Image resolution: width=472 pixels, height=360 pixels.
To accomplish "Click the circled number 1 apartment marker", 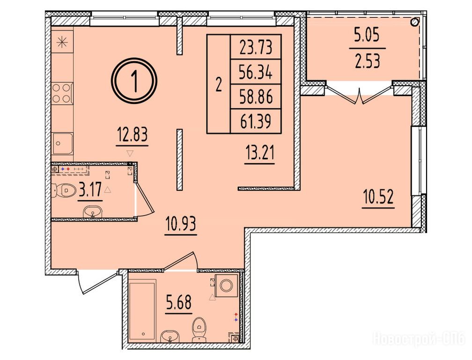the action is [134, 81].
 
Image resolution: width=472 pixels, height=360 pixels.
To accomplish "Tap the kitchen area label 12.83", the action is [132, 135].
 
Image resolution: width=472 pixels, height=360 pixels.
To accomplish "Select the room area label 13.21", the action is [259, 153].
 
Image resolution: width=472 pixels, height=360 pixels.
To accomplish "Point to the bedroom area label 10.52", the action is [378, 197].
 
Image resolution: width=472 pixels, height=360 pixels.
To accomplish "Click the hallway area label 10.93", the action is [181, 224].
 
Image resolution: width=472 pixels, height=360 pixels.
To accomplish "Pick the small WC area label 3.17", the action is [90, 190].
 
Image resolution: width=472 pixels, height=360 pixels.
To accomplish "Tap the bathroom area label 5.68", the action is [178, 302].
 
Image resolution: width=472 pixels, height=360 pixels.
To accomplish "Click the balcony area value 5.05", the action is [367, 36].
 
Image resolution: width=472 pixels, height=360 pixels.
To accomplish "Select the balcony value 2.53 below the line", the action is [367, 60].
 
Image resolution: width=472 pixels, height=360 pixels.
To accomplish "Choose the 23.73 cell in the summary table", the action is [256, 47].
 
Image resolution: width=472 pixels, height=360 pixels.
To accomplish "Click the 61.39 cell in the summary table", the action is [256, 121].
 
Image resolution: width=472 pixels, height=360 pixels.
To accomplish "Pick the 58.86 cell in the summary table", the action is [256, 97].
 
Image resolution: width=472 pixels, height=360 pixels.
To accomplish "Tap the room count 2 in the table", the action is [219, 85].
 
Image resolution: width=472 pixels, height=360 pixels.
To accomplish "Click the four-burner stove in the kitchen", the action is [62, 93].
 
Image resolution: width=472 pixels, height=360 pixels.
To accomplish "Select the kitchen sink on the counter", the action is [62, 144].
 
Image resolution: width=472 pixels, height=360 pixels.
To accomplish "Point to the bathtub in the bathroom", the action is [142, 310].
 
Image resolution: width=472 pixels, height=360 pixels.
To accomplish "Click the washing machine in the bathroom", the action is [226, 285].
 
